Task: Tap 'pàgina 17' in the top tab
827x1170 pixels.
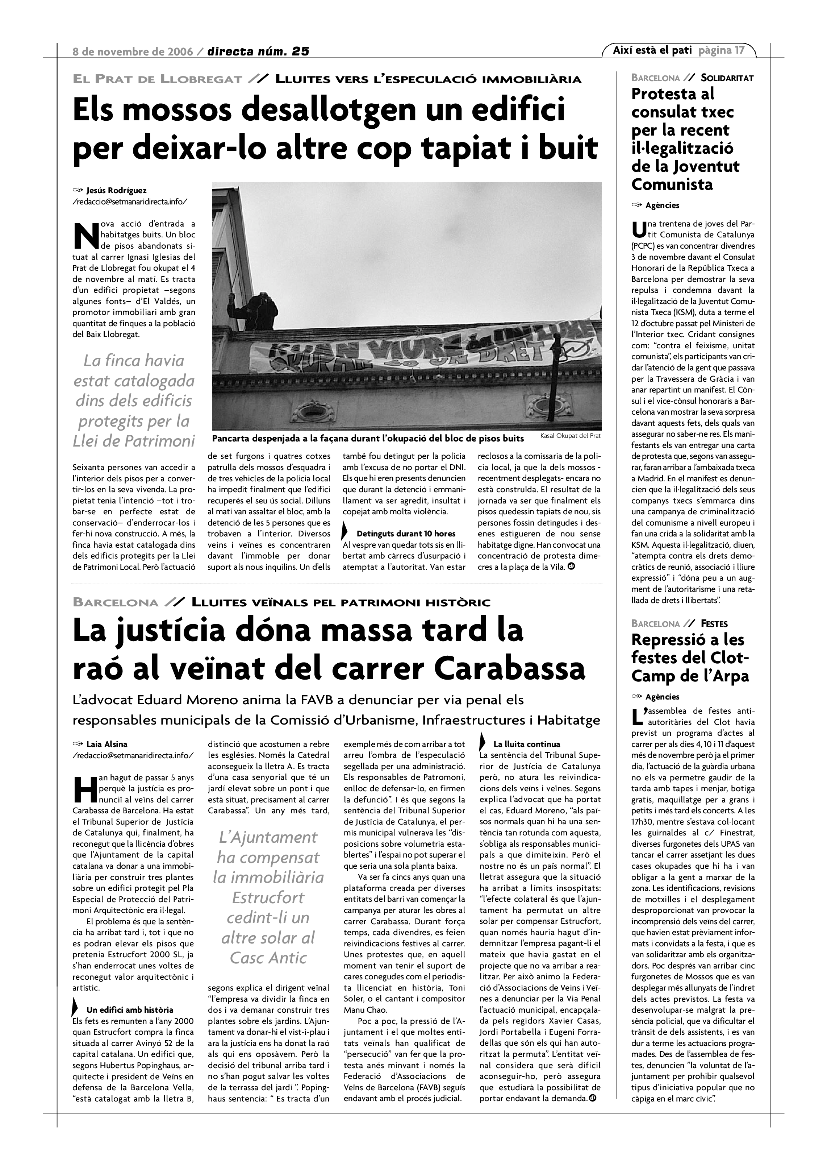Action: tap(721, 50)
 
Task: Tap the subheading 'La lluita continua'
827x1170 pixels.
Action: tap(527, 744)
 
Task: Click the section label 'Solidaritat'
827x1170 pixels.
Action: tap(727, 78)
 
